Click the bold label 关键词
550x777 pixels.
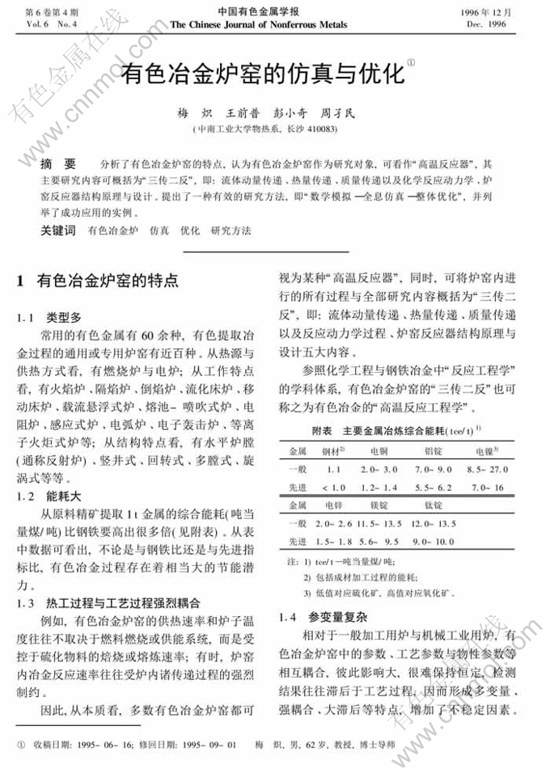[58, 231]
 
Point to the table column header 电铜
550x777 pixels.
[379, 450]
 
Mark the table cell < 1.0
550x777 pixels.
[333, 487]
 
